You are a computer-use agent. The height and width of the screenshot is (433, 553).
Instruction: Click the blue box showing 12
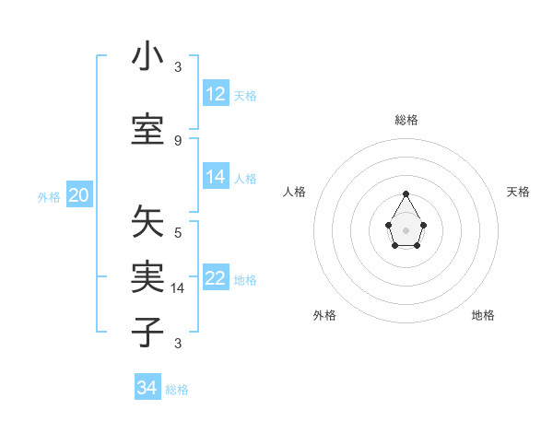click(216, 94)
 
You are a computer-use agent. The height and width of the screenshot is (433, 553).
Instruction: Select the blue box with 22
click(216, 278)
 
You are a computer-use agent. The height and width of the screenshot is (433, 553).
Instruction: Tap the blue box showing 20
click(79, 195)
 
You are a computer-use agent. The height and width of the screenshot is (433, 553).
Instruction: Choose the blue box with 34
click(147, 388)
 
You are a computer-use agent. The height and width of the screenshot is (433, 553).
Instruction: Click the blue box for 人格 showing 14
click(216, 177)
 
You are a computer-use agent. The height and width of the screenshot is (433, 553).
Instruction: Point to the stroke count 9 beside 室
click(178, 140)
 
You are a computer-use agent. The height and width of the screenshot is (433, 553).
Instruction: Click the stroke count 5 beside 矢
click(178, 233)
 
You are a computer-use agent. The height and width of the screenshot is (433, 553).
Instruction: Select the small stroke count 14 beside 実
click(178, 288)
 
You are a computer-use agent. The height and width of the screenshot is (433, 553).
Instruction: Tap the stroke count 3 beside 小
click(178, 67)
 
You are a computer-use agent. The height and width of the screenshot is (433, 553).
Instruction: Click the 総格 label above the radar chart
click(406, 120)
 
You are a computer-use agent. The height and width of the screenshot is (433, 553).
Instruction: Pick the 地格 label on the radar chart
click(483, 316)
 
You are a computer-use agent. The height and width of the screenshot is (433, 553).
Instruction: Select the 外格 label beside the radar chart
click(324, 316)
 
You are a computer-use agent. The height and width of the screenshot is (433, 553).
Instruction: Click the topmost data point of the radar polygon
click(406, 193)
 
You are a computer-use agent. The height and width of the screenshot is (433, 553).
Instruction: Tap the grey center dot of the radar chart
click(406, 228)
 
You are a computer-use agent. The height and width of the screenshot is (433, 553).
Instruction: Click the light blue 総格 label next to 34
click(177, 390)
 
